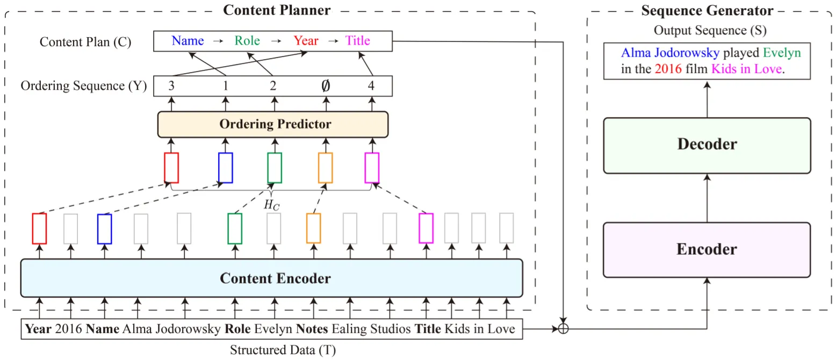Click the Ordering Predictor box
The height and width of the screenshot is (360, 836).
click(x=273, y=124)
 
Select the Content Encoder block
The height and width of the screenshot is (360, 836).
click(x=272, y=278)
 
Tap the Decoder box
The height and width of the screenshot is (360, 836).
click(x=707, y=146)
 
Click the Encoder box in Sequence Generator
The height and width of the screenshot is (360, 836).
click(x=707, y=250)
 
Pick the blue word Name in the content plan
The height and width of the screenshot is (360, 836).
click(x=188, y=41)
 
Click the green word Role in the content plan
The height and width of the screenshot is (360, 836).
click(x=247, y=41)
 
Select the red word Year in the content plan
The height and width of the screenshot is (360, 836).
click(x=306, y=41)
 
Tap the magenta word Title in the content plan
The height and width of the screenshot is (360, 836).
click(x=357, y=41)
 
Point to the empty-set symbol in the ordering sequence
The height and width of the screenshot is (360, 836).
click(x=326, y=86)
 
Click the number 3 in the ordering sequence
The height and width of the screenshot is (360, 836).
click(x=171, y=86)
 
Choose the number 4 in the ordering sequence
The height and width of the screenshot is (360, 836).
click(x=371, y=86)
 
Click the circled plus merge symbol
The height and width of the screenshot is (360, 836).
click(x=563, y=329)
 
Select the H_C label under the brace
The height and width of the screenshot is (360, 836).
click(x=272, y=205)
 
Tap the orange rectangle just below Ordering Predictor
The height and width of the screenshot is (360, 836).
click(x=326, y=168)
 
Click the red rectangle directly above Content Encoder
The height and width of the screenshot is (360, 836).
click(x=40, y=229)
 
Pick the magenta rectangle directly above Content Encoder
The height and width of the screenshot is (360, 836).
click(x=426, y=228)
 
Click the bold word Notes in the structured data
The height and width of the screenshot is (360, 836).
click(x=312, y=329)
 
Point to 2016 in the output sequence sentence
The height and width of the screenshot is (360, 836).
click(x=668, y=69)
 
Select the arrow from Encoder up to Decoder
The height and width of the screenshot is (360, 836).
click(x=707, y=198)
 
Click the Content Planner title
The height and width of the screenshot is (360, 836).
click(x=277, y=10)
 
